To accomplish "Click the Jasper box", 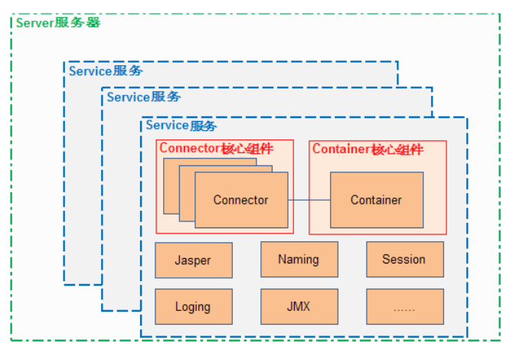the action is pyautogui.click(x=194, y=260).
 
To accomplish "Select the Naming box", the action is pyautogui.click(x=299, y=259).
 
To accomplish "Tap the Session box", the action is pyautogui.click(x=405, y=259).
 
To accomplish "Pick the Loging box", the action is pyautogui.click(x=194, y=306).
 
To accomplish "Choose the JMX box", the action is pyautogui.click(x=299, y=306).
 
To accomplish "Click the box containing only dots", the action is pyautogui.click(x=405, y=306).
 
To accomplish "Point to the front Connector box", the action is pyautogui.click(x=241, y=200).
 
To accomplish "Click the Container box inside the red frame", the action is pyautogui.click(x=377, y=200).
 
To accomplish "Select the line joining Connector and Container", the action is pyautogui.click(x=309, y=200).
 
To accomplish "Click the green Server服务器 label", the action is pyautogui.click(x=58, y=23).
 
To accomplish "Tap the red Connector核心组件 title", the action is pyautogui.click(x=216, y=148).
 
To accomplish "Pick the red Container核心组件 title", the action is pyautogui.click(x=368, y=149).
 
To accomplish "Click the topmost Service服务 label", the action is pyautogui.click(x=106, y=70).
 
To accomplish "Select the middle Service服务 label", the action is pyautogui.click(x=144, y=97).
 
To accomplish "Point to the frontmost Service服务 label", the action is pyautogui.click(x=181, y=126).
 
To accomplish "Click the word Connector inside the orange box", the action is pyautogui.click(x=240, y=200).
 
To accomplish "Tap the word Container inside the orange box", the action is pyautogui.click(x=376, y=200).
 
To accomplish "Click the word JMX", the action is pyautogui.click(x=299, y=306).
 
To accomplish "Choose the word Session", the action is pyautogui.click(x=404, y=259).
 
